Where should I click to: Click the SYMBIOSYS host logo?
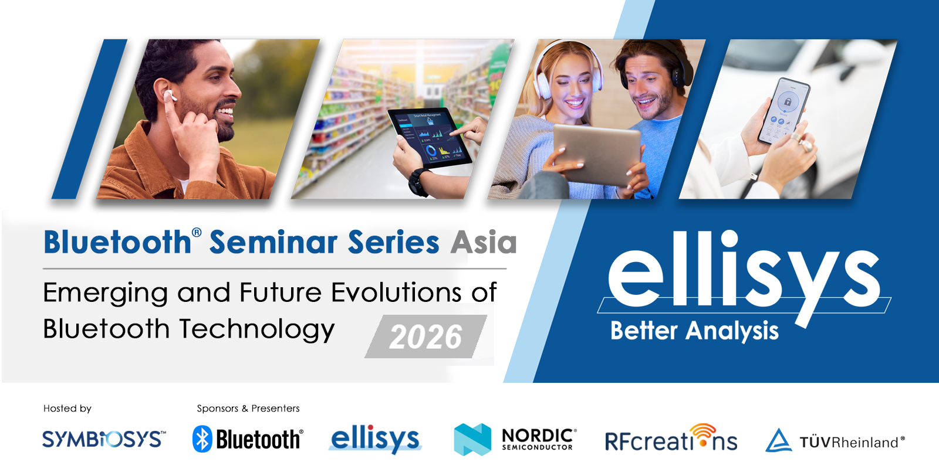pos(104,439)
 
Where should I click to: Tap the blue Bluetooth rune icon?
pos(202,439)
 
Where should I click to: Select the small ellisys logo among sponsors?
pos(375,439)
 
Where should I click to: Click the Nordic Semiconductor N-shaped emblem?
pos(472,439)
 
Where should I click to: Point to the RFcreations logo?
pos(671,438)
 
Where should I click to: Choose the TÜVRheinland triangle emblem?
pos(778,440)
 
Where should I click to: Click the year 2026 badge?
pos(426,337)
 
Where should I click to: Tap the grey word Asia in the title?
pos(484,243)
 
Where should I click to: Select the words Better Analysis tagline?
pos(694,331)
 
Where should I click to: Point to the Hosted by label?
pos(67,408)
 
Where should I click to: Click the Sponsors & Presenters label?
pos(248,408)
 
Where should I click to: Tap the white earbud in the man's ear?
pos(171,95)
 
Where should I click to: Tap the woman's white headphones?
pos(569,69)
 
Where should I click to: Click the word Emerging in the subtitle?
pos(105,293)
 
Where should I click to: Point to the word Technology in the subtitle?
pos(258,329)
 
